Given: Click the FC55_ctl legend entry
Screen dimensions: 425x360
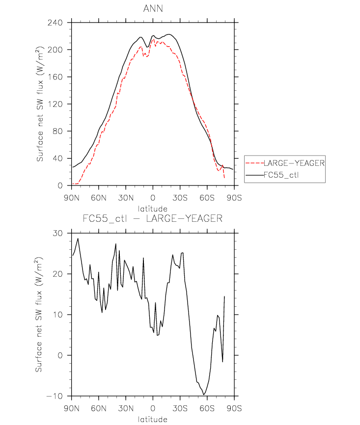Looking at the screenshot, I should click(x=280, y=174).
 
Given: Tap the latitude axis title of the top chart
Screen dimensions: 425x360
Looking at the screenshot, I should click(x=153, y=209).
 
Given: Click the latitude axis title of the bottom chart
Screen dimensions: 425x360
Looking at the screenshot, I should click(x=153, y=419).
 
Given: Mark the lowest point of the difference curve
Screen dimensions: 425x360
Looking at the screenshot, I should click(x=204, y=395).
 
